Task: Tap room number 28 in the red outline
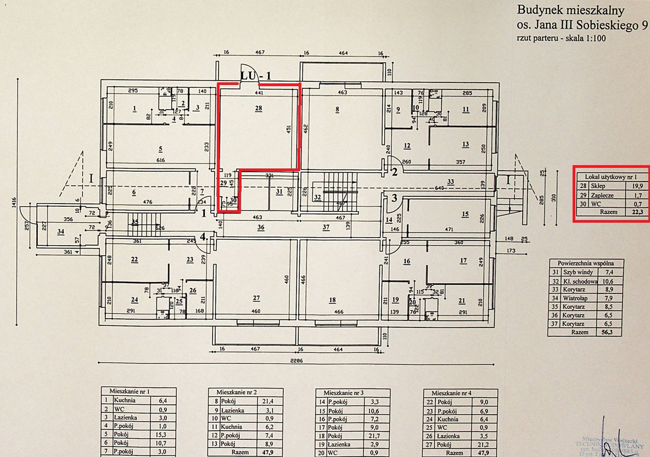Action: pos(259,109)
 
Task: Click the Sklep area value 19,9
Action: pos(637,186)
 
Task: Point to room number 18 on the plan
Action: pos(332,300)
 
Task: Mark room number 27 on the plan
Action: pos(256,298)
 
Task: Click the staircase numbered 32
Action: pos(317,197)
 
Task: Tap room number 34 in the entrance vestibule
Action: pos(60,232)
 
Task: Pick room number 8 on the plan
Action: pos(338,109)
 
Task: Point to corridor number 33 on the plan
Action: pos(450,182)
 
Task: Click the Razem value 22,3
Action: pos(637,212)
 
